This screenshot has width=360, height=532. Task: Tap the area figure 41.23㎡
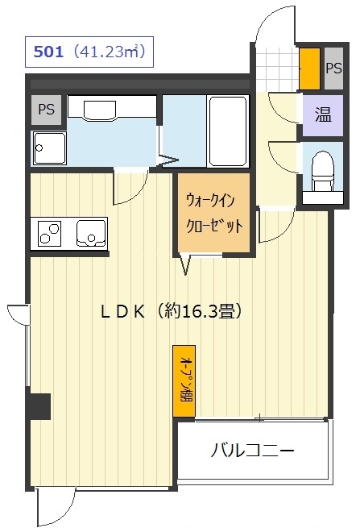coord(107,53)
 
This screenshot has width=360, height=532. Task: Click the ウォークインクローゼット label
coord(213,212)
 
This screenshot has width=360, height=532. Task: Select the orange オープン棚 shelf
coord(184,381)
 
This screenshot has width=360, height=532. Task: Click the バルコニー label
coord(252,450)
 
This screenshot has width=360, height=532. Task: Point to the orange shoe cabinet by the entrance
coord(308,69)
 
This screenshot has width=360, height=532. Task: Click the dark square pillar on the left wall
coord(39,405)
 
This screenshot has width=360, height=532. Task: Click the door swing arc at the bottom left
coord(56,508)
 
